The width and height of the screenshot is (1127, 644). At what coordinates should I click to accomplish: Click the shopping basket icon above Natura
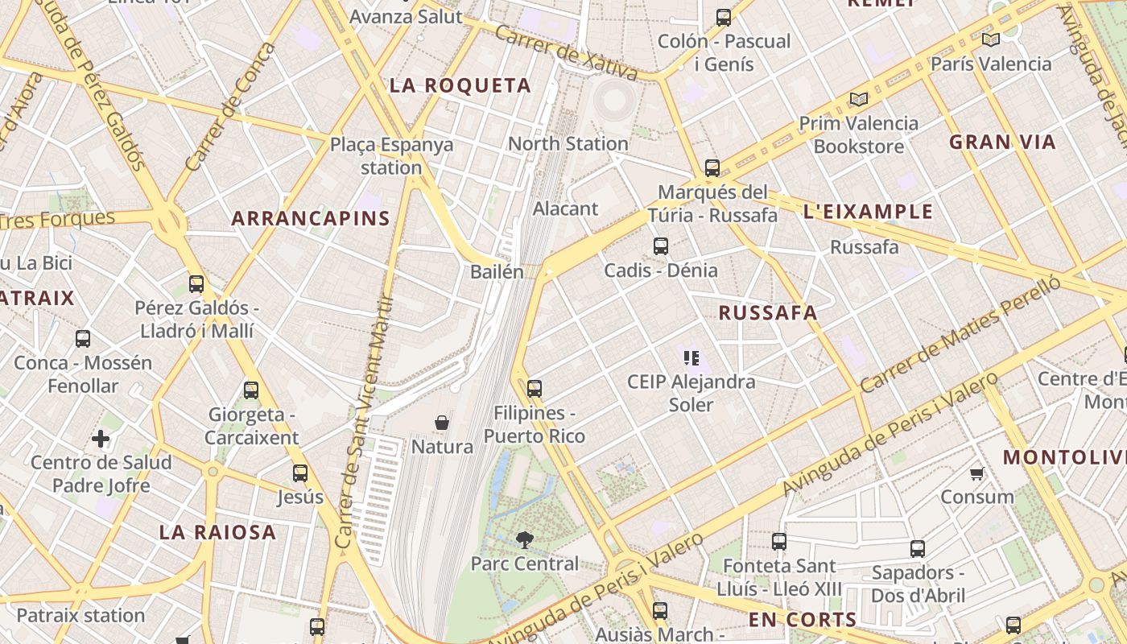[441, 423]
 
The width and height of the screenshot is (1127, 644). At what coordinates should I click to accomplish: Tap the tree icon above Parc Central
[525, 540]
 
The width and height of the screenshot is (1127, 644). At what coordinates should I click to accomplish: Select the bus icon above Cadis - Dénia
[661, 246]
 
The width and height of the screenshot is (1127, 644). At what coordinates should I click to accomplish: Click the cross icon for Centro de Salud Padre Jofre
[101, 439]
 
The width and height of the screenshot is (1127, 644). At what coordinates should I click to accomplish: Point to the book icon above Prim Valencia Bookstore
[859, 99]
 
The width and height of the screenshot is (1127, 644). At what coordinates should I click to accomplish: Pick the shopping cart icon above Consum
[977, 473]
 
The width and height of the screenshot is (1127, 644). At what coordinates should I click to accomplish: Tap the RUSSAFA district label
[767, 313]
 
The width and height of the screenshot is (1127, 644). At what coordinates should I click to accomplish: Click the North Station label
[568, 143]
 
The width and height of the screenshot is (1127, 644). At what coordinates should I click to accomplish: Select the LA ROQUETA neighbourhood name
[460, 85]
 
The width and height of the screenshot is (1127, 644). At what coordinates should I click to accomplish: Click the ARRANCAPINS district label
[311, 218]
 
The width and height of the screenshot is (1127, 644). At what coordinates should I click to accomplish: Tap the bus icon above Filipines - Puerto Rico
[535, 389]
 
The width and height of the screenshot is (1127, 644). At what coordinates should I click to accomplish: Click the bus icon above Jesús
[300, 473]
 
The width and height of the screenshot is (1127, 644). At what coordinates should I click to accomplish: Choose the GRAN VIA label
[1002, 142]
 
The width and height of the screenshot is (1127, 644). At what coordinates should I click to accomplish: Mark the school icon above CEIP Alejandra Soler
[691, 357]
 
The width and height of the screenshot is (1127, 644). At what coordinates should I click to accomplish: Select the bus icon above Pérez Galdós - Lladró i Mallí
[196, 283]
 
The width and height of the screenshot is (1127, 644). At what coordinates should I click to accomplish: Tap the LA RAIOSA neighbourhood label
[217, 532]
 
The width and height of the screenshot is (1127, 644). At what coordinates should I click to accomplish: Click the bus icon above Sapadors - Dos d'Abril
[918, 549]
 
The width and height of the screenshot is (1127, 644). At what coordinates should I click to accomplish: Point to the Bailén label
[497, 272]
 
